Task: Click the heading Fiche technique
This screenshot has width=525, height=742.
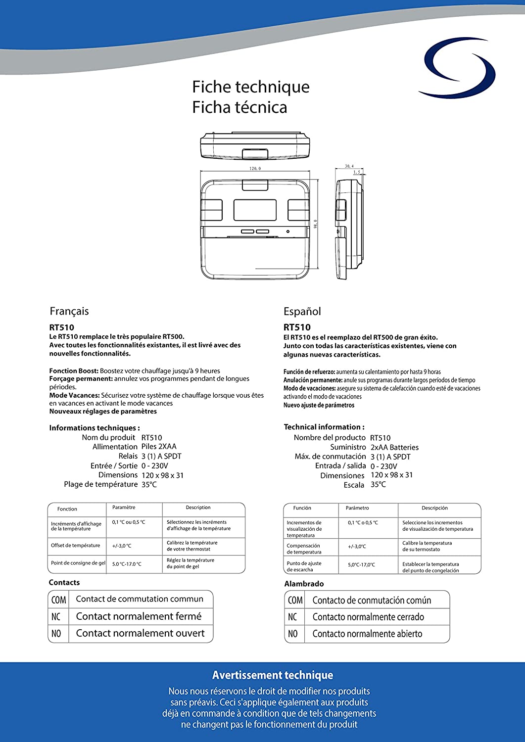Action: click(250, 87)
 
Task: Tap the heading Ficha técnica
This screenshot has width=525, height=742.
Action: click(239, 107)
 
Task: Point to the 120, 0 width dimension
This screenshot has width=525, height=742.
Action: click(255, 169)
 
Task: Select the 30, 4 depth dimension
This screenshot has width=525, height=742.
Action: click(349, 166)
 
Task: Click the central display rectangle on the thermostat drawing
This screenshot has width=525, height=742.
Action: click(255, 210)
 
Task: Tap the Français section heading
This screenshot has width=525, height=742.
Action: click(69, 311)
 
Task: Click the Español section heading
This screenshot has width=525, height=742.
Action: click(302, 312)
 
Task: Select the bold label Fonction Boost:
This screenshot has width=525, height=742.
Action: click(74, 371)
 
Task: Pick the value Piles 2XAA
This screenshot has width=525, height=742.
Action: click(159, 446)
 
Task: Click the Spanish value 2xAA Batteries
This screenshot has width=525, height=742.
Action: click(394, 447)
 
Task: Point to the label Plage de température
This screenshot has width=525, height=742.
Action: click(100, 484)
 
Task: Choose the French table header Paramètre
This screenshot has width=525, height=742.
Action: click(124, 508)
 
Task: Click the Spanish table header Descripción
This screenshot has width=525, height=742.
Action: click(434, 508)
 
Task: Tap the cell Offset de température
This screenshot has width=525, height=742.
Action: click(75, 546)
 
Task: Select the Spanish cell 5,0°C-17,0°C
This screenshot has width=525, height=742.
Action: click(361, 564)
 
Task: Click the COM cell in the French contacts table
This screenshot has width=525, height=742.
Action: click(58, 600)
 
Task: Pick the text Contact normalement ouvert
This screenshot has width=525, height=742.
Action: click(140, 633)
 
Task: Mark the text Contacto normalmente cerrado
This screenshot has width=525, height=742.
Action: click(368, 617)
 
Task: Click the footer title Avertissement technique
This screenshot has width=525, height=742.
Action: click(273, 675)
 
